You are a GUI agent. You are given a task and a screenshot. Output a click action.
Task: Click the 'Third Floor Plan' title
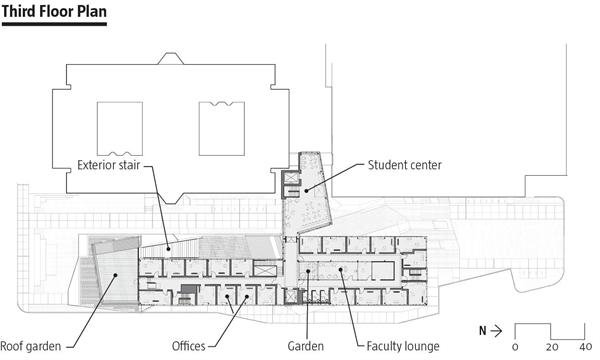[54, 11]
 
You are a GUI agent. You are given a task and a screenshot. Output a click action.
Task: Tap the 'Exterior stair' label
[109, 165]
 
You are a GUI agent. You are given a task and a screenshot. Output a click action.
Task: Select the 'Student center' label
[404, 165]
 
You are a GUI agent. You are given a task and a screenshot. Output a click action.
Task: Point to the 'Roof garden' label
[31, 346]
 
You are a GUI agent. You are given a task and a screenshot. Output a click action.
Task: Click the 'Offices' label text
[189, 346]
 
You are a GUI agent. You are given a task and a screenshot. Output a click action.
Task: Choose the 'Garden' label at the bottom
[306, 346]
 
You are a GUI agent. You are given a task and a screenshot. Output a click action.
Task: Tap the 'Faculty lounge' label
[403, 346]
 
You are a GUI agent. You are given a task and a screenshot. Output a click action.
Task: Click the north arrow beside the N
[496, 331]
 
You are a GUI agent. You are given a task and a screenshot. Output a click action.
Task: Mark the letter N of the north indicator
[483, 331]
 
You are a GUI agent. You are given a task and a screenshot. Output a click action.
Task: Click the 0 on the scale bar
[515, 347]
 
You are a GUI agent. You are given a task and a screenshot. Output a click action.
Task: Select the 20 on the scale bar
[551, 347]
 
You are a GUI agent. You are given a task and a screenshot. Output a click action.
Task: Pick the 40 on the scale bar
[585, 347]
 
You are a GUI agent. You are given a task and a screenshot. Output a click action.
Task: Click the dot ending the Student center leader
[306, 190]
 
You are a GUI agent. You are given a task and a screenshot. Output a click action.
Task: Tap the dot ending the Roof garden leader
[115, 275]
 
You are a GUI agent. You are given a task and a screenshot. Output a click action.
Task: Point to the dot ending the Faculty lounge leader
[340, 270]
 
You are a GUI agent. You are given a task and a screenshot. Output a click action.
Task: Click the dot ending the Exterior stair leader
[168, 249]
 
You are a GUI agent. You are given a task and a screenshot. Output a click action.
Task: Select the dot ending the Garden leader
[308, 271]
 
